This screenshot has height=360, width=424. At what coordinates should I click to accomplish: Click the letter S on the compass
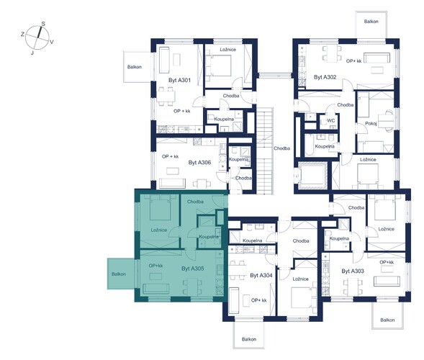(43, 24)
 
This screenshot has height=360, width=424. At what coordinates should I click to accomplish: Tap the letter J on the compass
(32, 53)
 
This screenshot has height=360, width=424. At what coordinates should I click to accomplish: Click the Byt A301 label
(179, 81)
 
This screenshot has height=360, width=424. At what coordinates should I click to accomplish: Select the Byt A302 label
(325, 77)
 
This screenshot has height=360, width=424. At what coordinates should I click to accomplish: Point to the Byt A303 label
(353, 271)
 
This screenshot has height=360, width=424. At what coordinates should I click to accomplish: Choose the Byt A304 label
(261, 275)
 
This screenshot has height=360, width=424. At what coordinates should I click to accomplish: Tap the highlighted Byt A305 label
(193, 269)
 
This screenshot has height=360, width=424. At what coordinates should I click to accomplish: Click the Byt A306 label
(199, 163)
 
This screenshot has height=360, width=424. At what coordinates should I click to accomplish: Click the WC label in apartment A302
(331, 121)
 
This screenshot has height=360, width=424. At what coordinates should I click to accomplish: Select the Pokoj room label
(371, 123)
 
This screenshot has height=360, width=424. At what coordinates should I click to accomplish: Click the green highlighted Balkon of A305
(121, 274)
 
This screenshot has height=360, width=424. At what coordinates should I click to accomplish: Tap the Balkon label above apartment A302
(371, 22)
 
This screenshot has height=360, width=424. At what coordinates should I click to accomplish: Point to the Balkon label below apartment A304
(249, 339)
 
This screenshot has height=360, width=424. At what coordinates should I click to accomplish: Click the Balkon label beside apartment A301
(135, 67)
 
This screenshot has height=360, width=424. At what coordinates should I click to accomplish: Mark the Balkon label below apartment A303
(387, 320)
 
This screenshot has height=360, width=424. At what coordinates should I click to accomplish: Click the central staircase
(265, 150)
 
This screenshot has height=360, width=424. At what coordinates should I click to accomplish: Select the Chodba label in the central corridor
(281, 148)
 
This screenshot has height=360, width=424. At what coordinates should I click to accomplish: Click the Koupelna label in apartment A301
(224, 119)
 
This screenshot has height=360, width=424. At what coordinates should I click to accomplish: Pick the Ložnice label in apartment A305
(159, 230)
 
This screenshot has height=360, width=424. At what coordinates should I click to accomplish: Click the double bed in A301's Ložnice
(218, 66)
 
